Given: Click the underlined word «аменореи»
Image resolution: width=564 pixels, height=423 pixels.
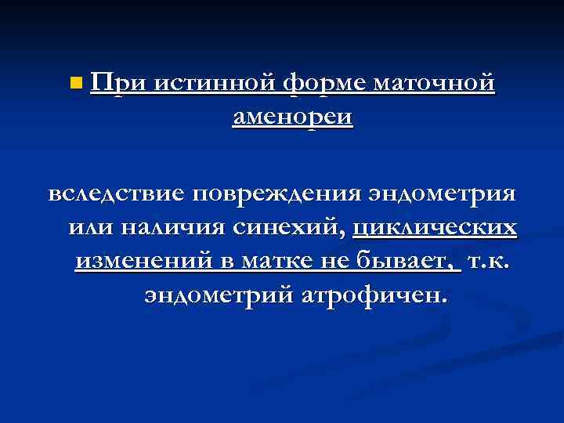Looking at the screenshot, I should point(293,117).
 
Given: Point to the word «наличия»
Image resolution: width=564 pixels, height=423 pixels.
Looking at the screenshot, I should point(172,227).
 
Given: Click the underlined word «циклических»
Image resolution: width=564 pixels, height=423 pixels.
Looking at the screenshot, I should point(435,227).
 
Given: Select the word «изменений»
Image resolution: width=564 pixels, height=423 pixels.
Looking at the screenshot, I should point(136,261).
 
